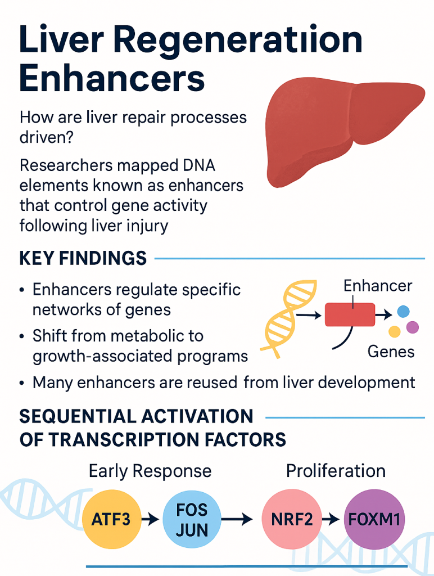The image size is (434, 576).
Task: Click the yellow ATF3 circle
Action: pos(111,518)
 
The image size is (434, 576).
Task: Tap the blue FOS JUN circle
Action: pos(192,518)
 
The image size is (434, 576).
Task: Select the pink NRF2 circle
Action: pos(292,518)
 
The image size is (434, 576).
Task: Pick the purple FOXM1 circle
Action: pos(374,518)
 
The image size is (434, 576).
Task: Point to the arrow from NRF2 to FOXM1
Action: pos(333,519)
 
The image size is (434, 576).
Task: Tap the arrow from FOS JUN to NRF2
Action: pos(239,519)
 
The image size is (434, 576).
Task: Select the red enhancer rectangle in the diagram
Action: pos(350,314)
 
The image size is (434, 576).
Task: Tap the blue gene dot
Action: pos(403,310)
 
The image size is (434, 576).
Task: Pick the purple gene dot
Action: pos(412,327)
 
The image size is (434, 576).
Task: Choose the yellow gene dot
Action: pos(395,331)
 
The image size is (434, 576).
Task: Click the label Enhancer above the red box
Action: pos(377,286)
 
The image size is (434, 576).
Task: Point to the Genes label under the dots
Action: pos(391,352)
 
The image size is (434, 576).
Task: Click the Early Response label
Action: pos(150,471)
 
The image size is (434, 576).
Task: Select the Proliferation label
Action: pos(336,471)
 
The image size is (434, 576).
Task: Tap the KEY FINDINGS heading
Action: pos(83,258)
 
